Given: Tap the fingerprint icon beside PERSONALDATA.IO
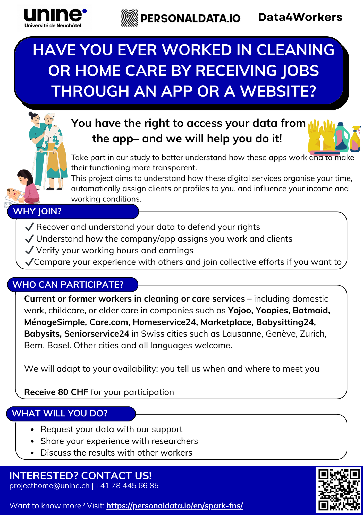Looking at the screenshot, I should pos(130,18).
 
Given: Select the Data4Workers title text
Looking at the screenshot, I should pos(300,17).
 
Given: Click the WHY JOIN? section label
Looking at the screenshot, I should pos(37,211).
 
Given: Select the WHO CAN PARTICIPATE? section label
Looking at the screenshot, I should pos(68,285).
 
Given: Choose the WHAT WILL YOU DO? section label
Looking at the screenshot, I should pos(60,413).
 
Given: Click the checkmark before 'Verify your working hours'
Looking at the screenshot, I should pos(29,250).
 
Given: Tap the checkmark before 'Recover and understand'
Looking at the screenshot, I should pos(29,227).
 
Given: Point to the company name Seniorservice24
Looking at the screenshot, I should pos(97,334).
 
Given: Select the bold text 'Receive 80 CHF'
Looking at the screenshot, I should pos(56,392).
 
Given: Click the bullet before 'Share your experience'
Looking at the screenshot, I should pos(32,441).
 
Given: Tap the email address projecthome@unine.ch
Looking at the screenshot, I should pos(49,486).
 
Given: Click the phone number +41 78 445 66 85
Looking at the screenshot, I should pos(127,486).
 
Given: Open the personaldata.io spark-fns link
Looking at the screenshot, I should pos(174,506).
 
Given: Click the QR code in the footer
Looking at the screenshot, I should pos(339,490).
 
